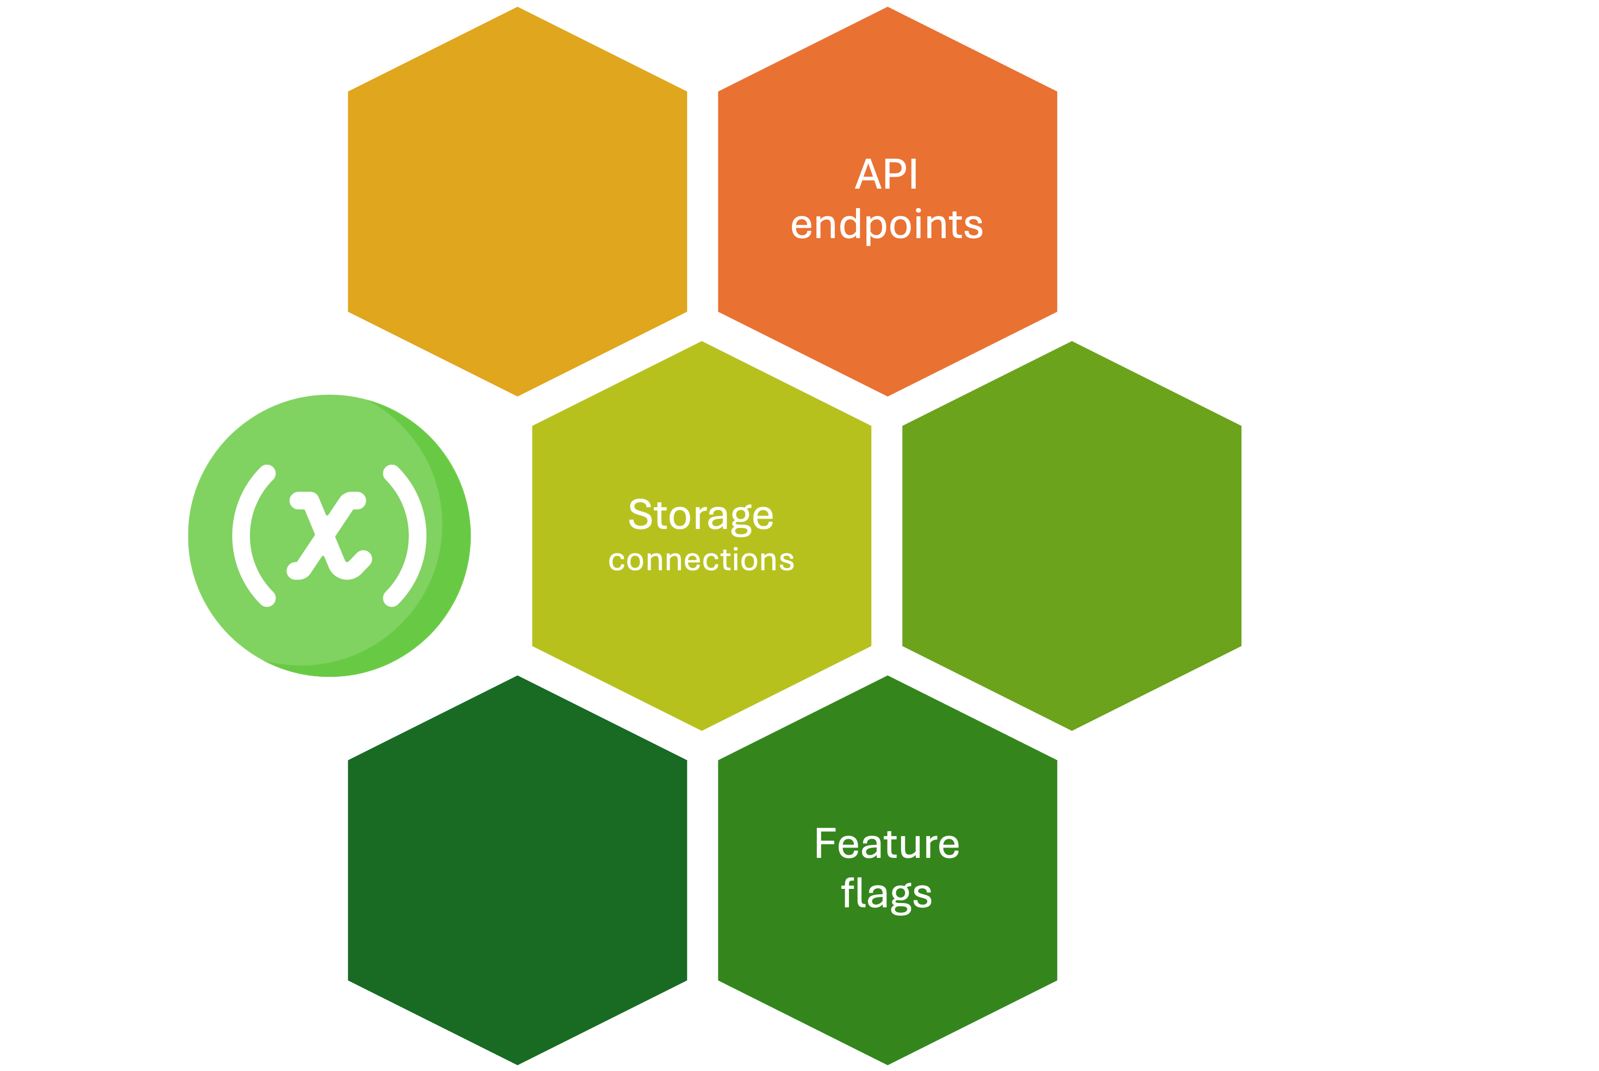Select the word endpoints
pyautogui.click(x=887, y=226)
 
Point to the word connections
pyautogui.click(x=701, y=560)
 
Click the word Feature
pyautogui.click(x=887, y=844)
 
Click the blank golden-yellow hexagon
pyautogui.click(x=517, y=202)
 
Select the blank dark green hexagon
pyautogui.click(x=517, y=870)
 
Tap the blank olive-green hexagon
pyautogui.click(x=1072, y=536)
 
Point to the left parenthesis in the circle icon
pyautogui.click(x=253, y=535)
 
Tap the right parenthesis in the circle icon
pyautogui.click(x=405, y=535)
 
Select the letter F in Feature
pyautogui.click(x=826, y=844)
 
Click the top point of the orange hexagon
pyautogui.click(x=888, y=8)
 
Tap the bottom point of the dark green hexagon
pyautogui.click(x=517, y=1063)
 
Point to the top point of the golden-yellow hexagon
pyautogui.click(x=517, y=8)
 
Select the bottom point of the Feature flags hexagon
pyautogui.click(x=888, y=1063)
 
